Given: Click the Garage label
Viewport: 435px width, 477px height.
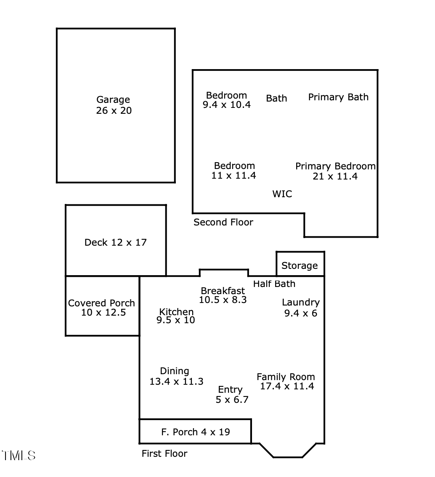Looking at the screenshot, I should click(x=113, y=100).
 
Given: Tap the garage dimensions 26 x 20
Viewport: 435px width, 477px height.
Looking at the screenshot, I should click(x=114, y=111).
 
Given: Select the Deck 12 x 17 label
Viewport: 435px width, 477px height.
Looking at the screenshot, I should click(x=116, y=242).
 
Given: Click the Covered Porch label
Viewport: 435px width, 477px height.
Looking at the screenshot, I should click(x=101, y=303).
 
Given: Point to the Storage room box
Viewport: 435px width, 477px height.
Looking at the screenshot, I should click(x=300, y=264).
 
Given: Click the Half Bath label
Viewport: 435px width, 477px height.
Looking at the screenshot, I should click(x=274, y=284).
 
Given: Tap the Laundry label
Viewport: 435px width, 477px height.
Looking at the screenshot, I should click(x=300, y=302).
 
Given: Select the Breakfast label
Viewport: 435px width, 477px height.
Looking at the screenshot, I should click(x=223, y=291).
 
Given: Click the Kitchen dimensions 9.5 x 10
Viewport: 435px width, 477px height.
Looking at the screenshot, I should click(x=175, y=320).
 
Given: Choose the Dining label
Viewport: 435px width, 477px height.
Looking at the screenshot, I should click(x=175, y=371).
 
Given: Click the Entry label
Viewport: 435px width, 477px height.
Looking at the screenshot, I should click(x=230, y=390).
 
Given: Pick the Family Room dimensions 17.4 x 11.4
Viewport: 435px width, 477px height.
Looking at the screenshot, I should click(x=287, y=386).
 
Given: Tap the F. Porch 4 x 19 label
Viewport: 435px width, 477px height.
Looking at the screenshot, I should click(x=196, y=432).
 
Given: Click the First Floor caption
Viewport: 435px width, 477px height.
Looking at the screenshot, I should click(x=164, y=454).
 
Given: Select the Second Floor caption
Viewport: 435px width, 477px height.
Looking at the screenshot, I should click(x=223, y=222).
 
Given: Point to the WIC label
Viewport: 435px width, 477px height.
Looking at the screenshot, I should click(x=282, y=194).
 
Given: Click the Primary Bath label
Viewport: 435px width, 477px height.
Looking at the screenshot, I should click(x=338, y=97).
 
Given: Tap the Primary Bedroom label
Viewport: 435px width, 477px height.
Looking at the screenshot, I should click(x=335, y=166).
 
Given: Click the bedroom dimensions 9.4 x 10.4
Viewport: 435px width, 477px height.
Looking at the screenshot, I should click(x=226, y=105).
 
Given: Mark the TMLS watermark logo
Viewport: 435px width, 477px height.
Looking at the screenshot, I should click(x=19, y=456).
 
